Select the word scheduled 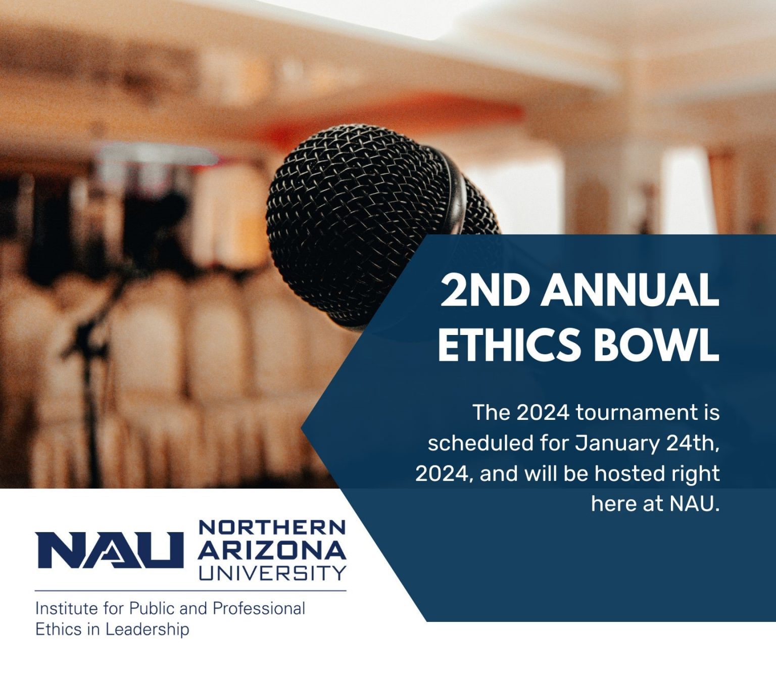[480, 443]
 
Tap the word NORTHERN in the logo [272, 527]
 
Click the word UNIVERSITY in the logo [272, 572]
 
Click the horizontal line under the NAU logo [190, 590]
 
